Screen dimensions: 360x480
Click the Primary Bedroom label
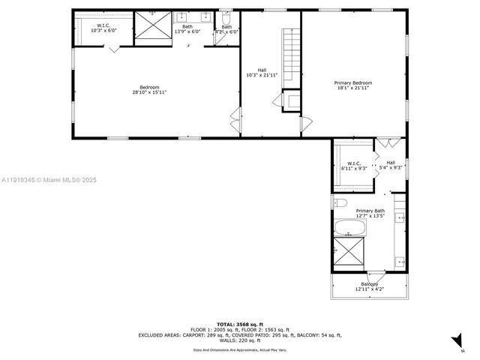click(353, 85)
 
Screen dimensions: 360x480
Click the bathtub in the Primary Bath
click(349, 228)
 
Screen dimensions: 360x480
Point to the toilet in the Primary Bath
click(339, 202)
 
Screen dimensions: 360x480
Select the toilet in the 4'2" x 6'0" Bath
click(226, 17)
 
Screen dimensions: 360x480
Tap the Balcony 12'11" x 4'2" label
click(370, 286)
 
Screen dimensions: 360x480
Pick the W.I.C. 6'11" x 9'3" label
click(353, 166)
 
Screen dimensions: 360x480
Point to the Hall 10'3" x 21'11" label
click(262, 73)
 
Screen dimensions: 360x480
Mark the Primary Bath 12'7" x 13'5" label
click(370, 214)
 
